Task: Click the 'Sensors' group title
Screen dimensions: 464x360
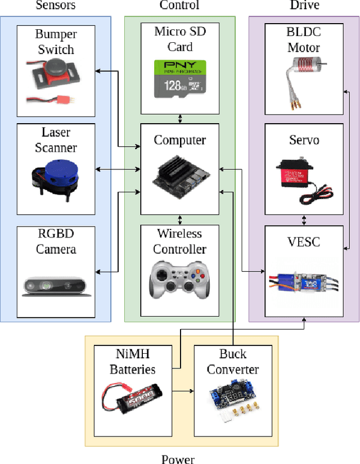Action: (x=56, y=6)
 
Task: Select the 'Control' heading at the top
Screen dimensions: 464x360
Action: (x=179, y=6)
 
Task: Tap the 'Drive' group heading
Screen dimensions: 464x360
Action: (x=304, y=6)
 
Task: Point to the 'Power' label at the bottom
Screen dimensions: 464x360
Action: (x=178, y=459)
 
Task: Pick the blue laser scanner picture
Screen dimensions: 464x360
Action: (x=54, y=174)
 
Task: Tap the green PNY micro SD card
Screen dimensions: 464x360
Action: (x=179, y=76)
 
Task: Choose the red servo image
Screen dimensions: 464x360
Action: (x=304, y=177)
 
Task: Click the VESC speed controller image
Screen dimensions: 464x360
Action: (x=304, y=281)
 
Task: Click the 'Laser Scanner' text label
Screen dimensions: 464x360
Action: (x=56, y=141)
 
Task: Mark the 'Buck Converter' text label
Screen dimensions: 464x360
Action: (x=233, y=362)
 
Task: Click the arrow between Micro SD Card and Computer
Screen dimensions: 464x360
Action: (x=180, y=119)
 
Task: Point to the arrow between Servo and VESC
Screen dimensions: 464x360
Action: (x=304, y=220)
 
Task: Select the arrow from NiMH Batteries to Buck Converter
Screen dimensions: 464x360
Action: (x=182, y=390)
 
